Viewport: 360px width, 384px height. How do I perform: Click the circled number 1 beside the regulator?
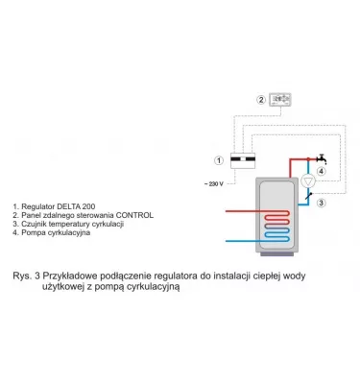220,160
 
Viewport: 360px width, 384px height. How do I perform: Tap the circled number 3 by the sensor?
323,203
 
